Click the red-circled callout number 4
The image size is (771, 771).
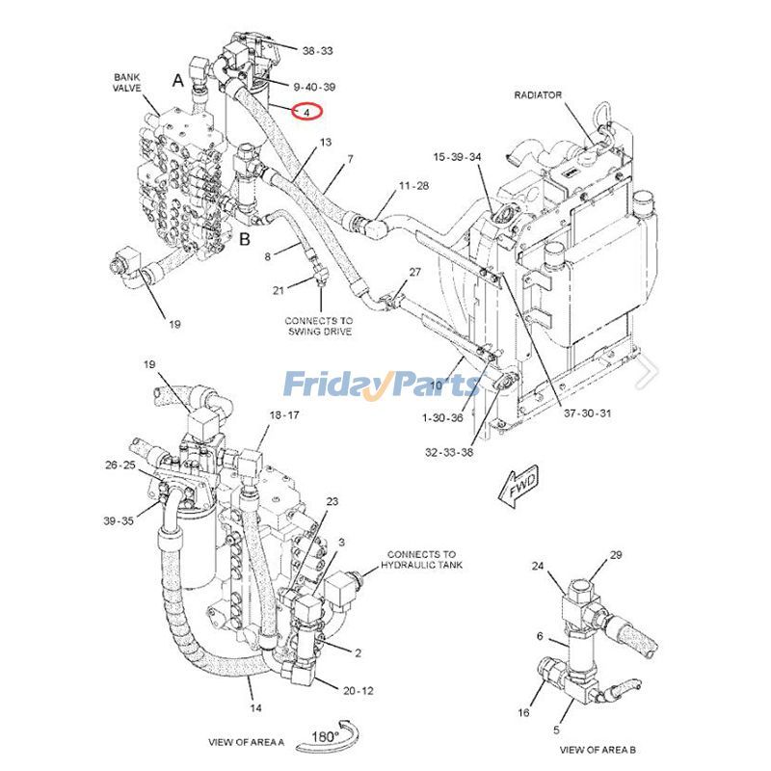coord(306,113)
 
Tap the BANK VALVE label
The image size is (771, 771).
coord(126,82)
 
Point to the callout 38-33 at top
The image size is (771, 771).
coord(318,51)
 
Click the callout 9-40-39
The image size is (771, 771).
coord(315,87)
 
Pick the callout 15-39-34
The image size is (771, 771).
coord(457,157)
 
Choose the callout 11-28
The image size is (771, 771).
coord(413,184)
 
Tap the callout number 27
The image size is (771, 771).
coord(414,272)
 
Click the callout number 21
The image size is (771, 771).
coord(279,290)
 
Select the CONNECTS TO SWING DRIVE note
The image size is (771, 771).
coord(318,326)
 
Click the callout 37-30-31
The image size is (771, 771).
coord(587,413)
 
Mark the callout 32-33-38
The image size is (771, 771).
coord(449,451)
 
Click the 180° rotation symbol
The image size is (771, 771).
coord(325,735)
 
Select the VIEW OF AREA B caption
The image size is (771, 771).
coord(597,749)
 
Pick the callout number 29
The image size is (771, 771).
coord(616,556)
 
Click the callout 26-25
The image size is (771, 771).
coord(120,465)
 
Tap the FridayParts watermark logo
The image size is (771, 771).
coord(381,385)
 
